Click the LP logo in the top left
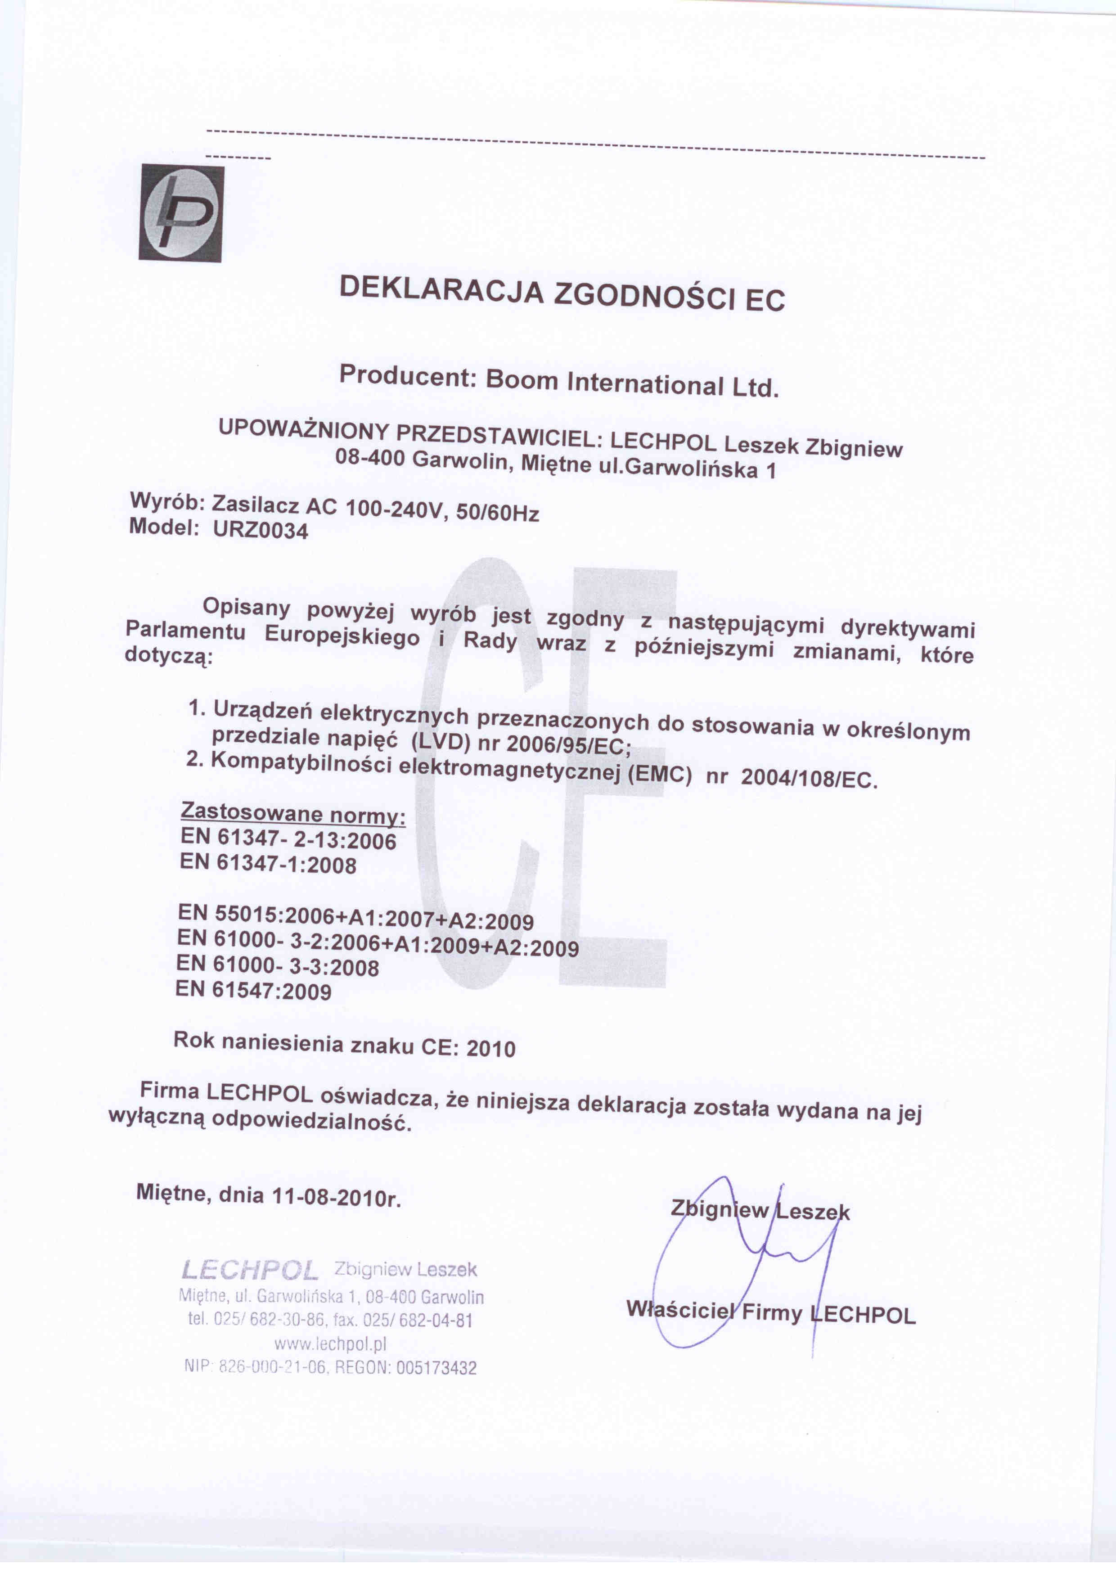[x=181, y=213]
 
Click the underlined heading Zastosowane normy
[x=293, y=815]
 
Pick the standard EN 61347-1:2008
[x=268, y=863]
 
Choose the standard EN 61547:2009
[x=253, y=990]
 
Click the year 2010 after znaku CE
[x=490, y=1049]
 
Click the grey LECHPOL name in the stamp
[x=249, y=1271]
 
